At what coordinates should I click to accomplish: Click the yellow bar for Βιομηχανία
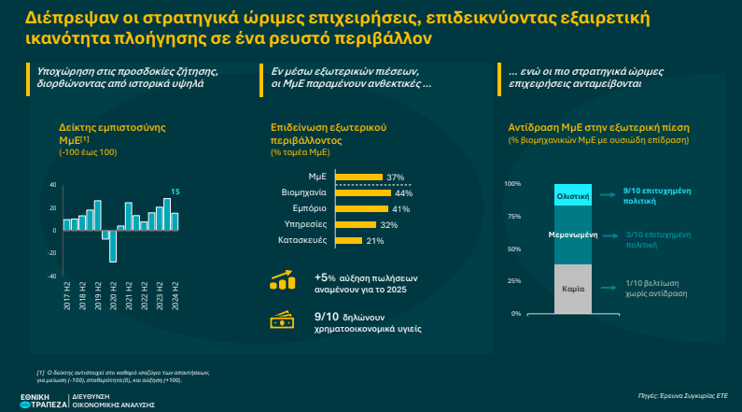[368, 193]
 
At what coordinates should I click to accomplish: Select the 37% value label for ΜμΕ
[395, 178]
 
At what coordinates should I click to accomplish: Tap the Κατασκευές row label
[301, 240]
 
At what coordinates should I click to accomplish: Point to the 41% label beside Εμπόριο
[401, 209]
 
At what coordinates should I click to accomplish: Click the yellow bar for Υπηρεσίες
[355, 225]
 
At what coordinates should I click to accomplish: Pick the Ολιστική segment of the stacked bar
[571, 197]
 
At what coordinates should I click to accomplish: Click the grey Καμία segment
[572, 290]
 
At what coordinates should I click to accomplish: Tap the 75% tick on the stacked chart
[512, 216]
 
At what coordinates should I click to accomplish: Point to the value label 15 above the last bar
[175, 192]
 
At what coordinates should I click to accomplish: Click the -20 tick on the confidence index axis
[52, 252]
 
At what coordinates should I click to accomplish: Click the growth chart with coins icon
[283, 281]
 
